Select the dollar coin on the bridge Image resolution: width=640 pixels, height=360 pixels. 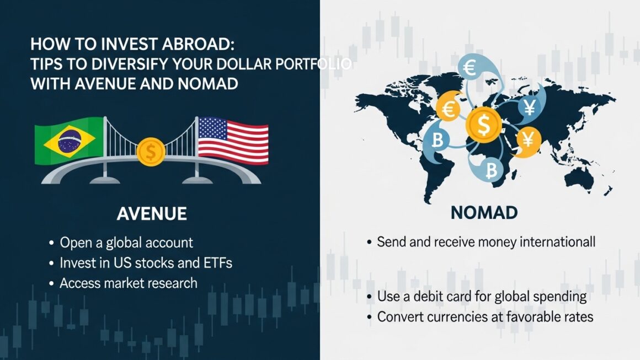coord(150,152)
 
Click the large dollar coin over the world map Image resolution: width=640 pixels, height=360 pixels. coord(484,125)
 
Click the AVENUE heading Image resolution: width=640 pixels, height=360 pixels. coord(151,214)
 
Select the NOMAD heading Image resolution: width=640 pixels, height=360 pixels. coord(484,213)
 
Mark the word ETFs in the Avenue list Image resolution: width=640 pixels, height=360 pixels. coord(216,263)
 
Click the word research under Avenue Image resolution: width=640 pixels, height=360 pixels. coord(173,283)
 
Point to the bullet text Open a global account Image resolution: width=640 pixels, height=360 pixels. coord(126,243)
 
